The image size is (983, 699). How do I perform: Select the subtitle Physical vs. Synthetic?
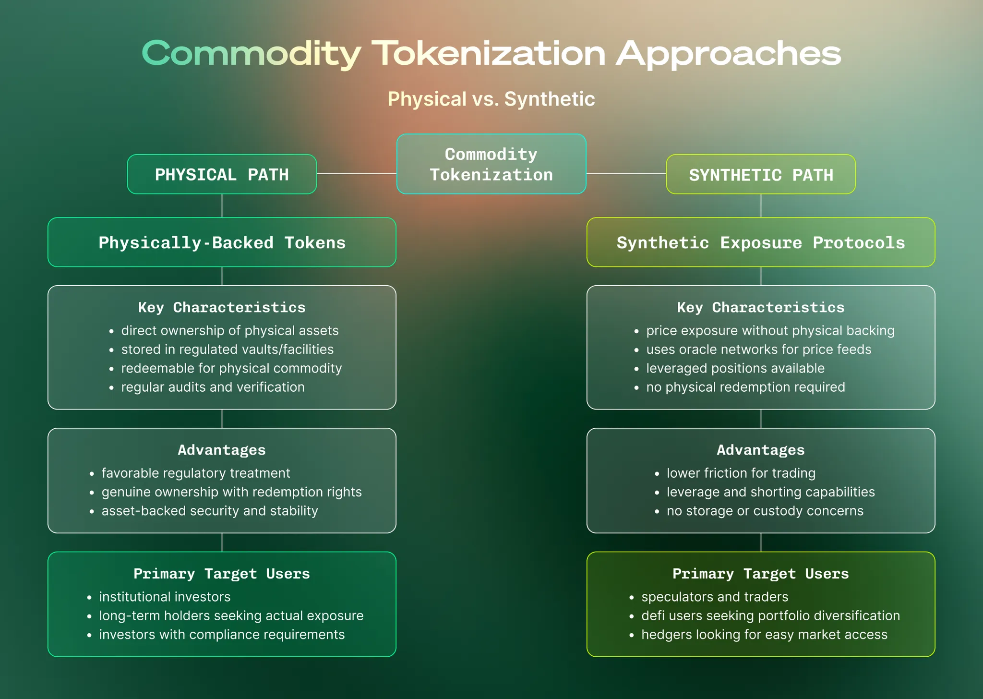click(x=491, y=99)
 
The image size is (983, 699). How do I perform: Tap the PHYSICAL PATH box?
click(x=222, y=174)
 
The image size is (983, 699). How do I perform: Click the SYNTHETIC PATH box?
click(x=761, y=174)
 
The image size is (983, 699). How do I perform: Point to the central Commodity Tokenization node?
click(x=491, y=164)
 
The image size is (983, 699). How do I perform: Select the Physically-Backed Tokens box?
click(x=222, y=242)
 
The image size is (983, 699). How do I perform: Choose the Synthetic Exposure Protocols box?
click(x=761, y=242)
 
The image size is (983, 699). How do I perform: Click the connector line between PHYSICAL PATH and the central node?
click(x=357, y=174)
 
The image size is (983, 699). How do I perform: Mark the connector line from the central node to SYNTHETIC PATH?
click(x=626, y=174)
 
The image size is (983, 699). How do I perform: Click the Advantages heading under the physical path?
click(x=222, y=450)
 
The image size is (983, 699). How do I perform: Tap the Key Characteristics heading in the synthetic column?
click(x=761, y=307)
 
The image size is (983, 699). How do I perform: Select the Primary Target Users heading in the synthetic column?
click(x=761, y=574)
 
